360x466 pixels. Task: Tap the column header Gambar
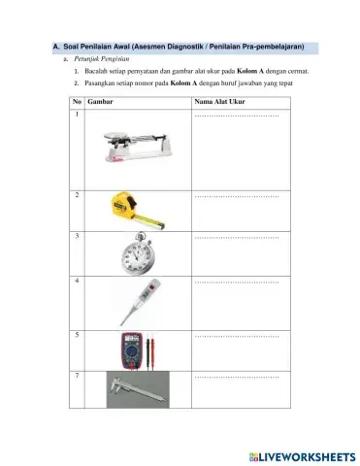[x=100, y=101]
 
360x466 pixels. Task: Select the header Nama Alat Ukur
[x=220, y=101]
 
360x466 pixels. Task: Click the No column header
[x=77, y=101]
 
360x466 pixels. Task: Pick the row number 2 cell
[x=77, y=195]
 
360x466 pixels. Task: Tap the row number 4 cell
[x=77, y=281]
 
